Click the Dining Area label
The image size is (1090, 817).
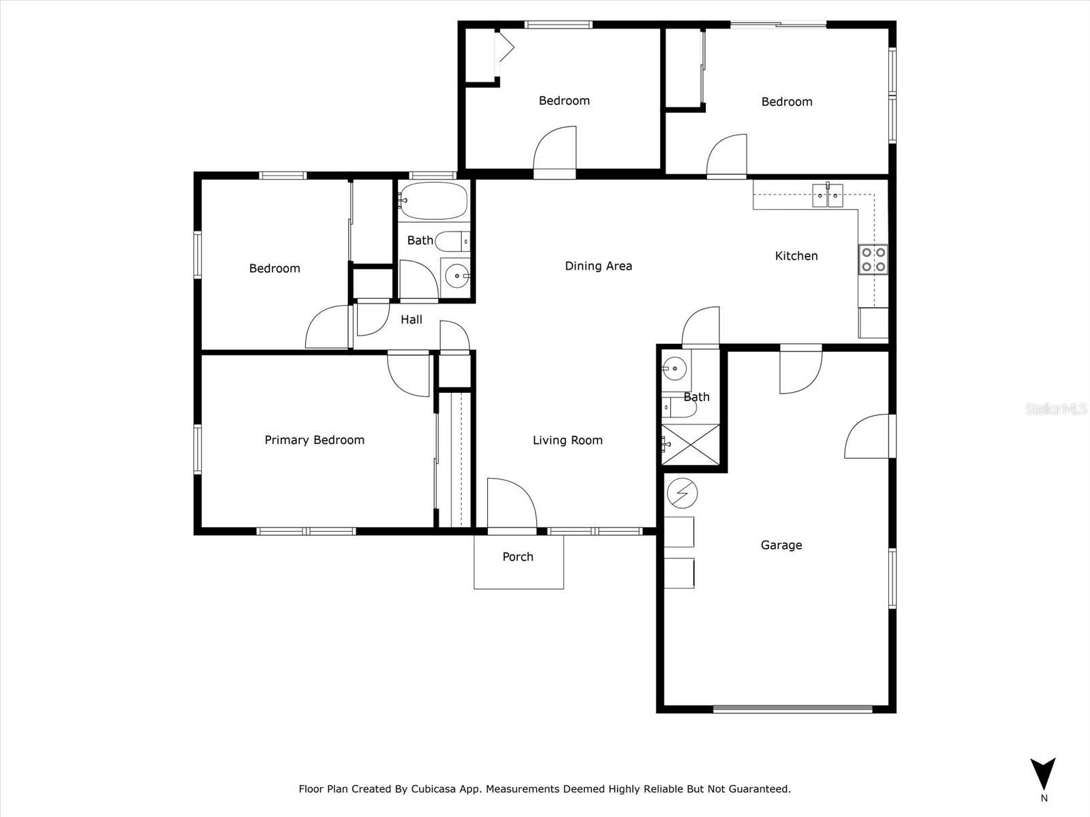pyautogui.click(x=598, y=266)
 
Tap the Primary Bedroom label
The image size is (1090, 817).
pyautogui.click(x=314, y=440)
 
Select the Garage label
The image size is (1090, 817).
pyautogui.click(x=781, y=545)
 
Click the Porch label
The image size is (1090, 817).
pyautogui.click(x=518, y=557)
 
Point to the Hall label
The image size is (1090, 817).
pyautogui.click(x=411, y=320)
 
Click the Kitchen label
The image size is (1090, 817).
pyautogui.click(x=796, y=256)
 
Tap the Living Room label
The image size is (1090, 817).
pyautogui.click(x=567, y=440)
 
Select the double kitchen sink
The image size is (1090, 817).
pyautogui.click(x=828, y=195)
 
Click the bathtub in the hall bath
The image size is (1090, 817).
pyautogui.click(x=434, y=201)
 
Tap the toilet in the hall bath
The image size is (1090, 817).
pyautogui.click(x=452, y=240)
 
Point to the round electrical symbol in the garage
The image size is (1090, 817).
pyautogui.click(x=682, y=493)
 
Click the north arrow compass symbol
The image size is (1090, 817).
pyautogui.click(x=1043, y=775)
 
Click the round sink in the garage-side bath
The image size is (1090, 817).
pyautogui.click(x=674, y=368)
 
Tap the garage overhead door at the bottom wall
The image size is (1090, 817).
pyautogui.click(x=792, y=709)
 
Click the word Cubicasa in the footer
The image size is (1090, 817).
pyautogui.click(x=435, y=789)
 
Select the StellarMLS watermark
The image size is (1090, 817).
pyautogui.click(x=1056, y=409)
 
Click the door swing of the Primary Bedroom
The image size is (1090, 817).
pyautogui.click(x=409, y=374)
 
